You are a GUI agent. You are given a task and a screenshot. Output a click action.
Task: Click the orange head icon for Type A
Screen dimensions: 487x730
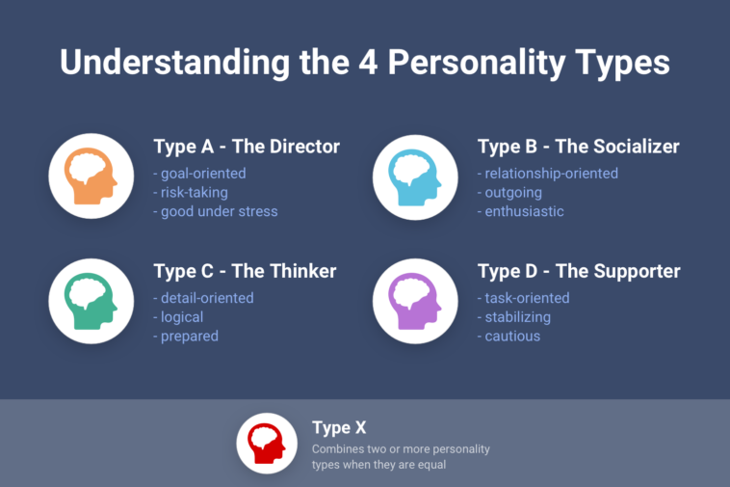pyautogui.click(x=91, y=176)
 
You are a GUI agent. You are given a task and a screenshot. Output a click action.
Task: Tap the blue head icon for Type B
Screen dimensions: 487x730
pyautogui.click(x=415, y=176)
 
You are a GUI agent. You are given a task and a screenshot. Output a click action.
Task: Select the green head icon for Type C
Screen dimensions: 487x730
pyautogui.click(x=91, y=301)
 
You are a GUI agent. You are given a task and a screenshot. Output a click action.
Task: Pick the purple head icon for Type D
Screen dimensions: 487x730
pyautogui.click(x=415, y=301)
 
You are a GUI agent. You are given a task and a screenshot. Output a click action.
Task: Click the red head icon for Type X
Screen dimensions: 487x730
pyautogui.click(x=267, y=443)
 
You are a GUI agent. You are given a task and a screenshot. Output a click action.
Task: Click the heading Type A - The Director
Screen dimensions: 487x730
pyautogui.click(x=247, y=148)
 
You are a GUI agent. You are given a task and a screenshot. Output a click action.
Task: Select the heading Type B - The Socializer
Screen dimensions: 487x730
pyautogui.click(x=578, y=148)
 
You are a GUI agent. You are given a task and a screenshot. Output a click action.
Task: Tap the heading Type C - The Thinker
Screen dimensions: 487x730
pyautogui.click(x=245, y=272)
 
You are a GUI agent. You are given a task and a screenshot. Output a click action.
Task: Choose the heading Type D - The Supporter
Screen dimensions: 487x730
pyautogui.click(x=579, y=272)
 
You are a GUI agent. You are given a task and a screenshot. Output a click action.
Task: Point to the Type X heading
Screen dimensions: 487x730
pyautogui.click(x=339, y=427)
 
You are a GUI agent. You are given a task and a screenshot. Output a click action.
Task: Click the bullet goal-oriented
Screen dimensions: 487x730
pyautogui.click(x=199, y=174)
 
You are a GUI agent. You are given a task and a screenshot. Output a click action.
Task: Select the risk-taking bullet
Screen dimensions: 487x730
pyautogui.click(x=191, y=192)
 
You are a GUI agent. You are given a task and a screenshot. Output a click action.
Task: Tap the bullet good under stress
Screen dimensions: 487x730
pyautogui.click(x=216, y=211)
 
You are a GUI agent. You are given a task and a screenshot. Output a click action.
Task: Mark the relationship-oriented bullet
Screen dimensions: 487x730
pyautogui.click(x=548, y=174)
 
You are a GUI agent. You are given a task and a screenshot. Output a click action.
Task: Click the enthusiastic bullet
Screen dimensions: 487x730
pyautogui.click(x=521, y=211)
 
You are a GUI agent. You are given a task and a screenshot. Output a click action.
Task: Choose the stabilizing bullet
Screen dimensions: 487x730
pyautogui.click(x=514, y=317)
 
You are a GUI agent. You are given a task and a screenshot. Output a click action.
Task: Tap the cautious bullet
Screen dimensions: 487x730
pyautogui.click(x=509, y=336)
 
